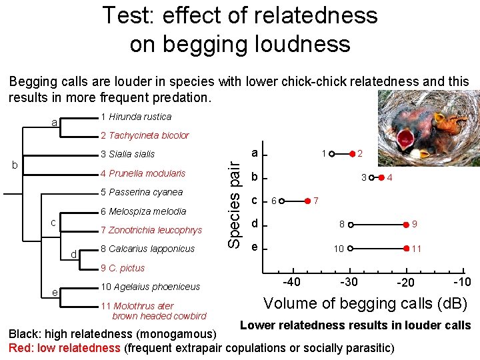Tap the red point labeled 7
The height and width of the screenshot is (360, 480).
(308, 200)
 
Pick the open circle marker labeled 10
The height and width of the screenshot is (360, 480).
(349, 248)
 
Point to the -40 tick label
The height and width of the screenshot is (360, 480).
(292, 281)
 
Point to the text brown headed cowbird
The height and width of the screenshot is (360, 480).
(159, 316)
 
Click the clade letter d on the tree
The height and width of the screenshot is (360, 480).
(75, 253)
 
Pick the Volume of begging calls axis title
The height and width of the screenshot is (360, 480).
(365, 303)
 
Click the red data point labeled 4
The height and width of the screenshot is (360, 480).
(381, 178)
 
